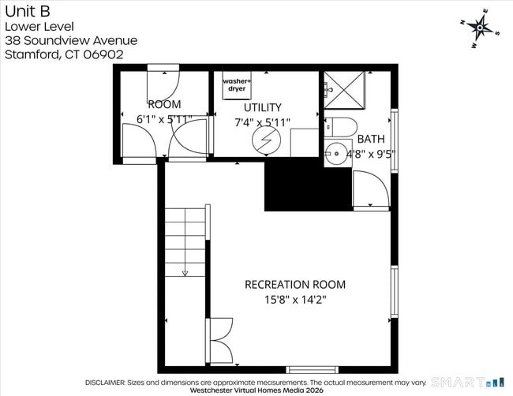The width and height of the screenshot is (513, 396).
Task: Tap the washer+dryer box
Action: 235,85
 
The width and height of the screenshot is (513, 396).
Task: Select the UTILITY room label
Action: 262,107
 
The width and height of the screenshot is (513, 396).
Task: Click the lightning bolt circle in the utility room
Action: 261,140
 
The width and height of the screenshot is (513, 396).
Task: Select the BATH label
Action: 371,140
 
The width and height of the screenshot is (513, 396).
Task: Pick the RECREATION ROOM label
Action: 294,285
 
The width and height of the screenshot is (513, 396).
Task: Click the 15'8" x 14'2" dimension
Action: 294,300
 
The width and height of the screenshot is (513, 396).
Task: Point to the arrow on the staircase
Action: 185,272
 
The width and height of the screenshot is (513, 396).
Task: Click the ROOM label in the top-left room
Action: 164,104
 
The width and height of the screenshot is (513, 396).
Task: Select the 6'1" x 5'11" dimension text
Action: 165,119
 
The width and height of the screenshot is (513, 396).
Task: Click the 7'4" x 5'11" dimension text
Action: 263,122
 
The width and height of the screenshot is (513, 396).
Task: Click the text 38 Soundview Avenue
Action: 70,40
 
